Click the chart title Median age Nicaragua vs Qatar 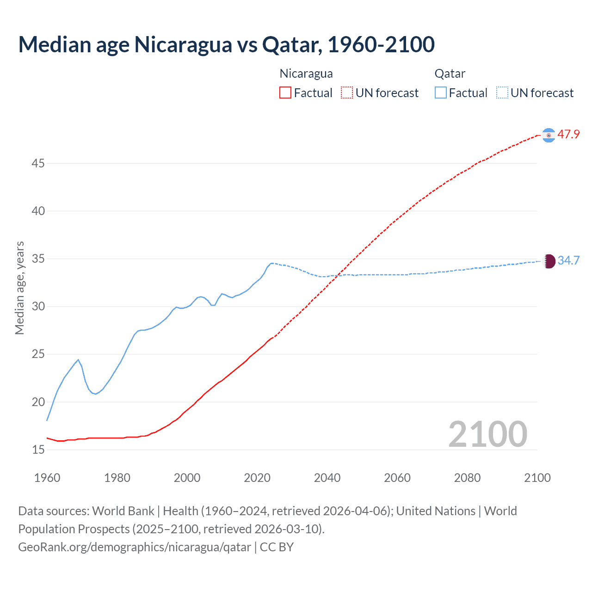pos(226,44)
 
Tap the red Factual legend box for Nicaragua pos(285,92)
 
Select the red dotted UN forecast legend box pos(347,92)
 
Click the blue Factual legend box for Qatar pos(440,92)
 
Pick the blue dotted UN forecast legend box pos(502,92)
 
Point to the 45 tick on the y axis pos(38,163)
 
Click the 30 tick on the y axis pos(38,306)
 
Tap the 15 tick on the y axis pos(38,450)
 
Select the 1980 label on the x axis pos(117,478)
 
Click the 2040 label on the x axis pos(327,478)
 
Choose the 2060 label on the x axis pos(397,478)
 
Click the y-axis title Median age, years pos(19,288)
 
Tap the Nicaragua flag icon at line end pos(549,135)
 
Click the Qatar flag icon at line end pos(549,261)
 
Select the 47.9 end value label pos(568,135)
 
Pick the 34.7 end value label pos(568,260)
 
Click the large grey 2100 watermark pos(487,434)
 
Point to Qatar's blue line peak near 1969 pos(78,359)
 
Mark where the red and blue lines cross pos(338,276)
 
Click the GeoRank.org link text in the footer pos(135,547)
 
